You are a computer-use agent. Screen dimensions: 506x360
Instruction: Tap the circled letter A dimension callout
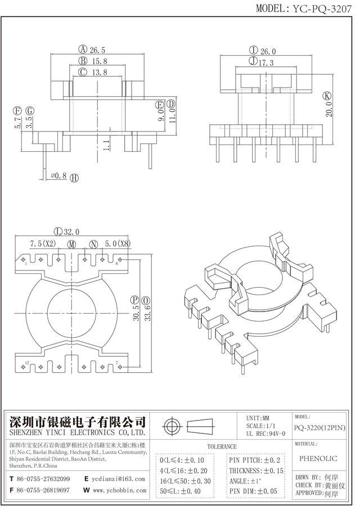pos(82,48)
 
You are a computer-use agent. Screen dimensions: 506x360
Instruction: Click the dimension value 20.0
pos(328,110)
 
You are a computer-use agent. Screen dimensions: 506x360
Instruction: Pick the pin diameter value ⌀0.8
pos(58,176)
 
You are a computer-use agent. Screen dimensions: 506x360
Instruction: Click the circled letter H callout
pos(74,178)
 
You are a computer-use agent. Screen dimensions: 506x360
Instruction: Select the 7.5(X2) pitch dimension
pos(43,244)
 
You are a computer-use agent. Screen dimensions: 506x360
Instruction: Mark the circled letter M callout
pos(71,244)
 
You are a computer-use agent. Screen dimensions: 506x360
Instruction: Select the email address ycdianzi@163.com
pos(119,479)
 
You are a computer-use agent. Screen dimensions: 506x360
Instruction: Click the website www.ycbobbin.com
pos(119,490)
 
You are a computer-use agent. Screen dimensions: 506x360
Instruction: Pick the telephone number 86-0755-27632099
pos(43,479)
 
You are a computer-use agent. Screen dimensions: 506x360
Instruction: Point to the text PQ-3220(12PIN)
pos(319,428)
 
